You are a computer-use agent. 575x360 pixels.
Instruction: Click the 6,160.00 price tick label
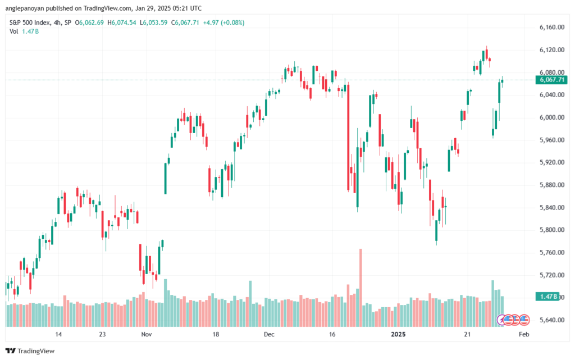(550, 28)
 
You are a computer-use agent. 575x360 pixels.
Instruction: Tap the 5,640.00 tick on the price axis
(550, 320)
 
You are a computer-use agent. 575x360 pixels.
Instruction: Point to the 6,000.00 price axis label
(550, 117)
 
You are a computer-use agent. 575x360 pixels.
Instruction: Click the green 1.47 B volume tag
(547, 296)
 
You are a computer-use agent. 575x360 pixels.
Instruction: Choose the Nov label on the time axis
(146, 334)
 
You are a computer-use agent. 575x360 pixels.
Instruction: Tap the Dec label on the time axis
(269, 334)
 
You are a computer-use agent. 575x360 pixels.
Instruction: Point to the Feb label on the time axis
(523, 334)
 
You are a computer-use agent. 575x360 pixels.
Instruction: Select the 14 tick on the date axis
(58, 334)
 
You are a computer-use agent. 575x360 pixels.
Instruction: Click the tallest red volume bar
(360, 286)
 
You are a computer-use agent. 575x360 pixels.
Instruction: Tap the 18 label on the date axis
(216, 334)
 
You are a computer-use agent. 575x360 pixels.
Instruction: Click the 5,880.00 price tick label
(550, 185)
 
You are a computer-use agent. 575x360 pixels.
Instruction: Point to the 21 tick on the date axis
(467, 334)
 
